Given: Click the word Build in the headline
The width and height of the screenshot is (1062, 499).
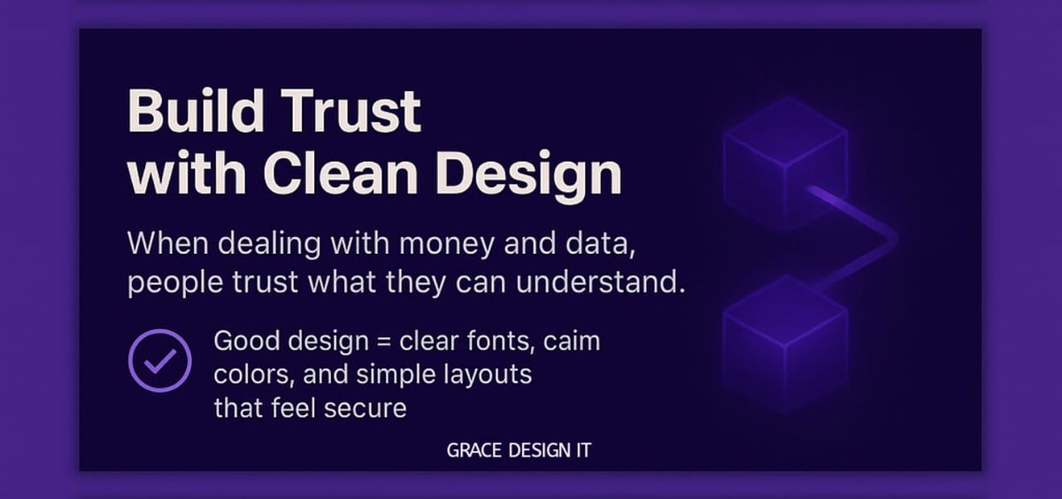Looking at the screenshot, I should (x=184, y=112).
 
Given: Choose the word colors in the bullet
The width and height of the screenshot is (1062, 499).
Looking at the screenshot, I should (x=252, y=375).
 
